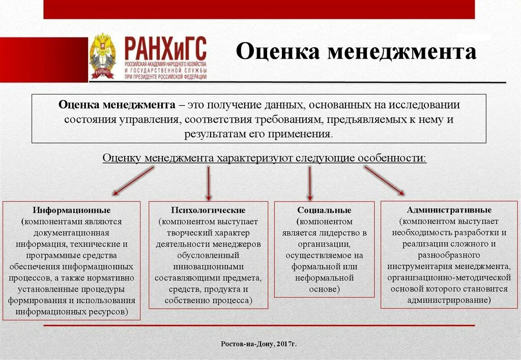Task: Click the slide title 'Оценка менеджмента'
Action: click(x=356, y=52)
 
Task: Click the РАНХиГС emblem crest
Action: click(x=102, y=56)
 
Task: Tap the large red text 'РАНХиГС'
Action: click(x=165, y=50)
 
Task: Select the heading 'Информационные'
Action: click(x=72, y=210)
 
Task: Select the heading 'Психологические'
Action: click(x=208, y=210)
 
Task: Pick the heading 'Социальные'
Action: click(x=324, y=210)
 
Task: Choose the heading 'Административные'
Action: click(x=449, y=209)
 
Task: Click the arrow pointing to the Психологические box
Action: click(x=208, y=183)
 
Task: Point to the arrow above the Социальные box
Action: click(x=309, y=183)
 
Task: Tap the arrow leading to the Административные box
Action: click(x=384, y=181)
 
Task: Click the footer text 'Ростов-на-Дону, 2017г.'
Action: click(x=258, y=344)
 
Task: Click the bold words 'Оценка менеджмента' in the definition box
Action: click(x=117, y=105)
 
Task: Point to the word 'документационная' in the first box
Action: click(x=72, y=232)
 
